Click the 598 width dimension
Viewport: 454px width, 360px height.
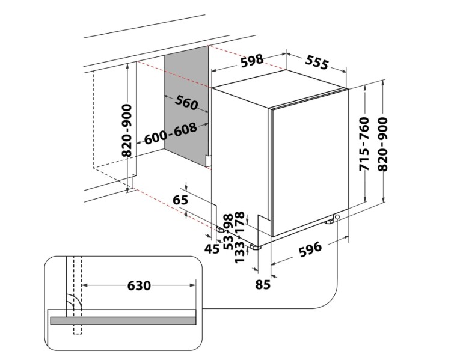252,60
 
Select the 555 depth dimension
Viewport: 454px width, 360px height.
316,62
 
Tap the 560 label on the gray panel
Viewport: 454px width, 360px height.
186,103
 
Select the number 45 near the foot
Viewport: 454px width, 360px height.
212,248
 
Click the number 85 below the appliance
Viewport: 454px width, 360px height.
263,285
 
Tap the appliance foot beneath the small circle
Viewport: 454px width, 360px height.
330,223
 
